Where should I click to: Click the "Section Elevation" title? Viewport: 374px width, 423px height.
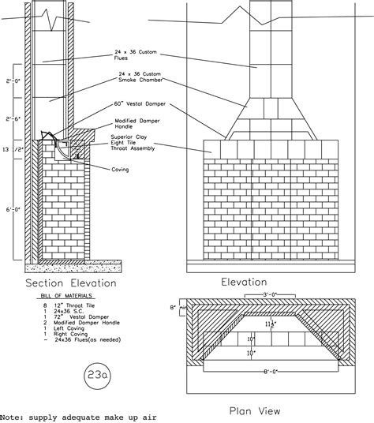(71, 283)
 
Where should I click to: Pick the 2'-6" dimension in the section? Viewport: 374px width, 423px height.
(11, 119)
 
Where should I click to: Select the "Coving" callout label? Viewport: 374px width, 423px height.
(121, 167)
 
